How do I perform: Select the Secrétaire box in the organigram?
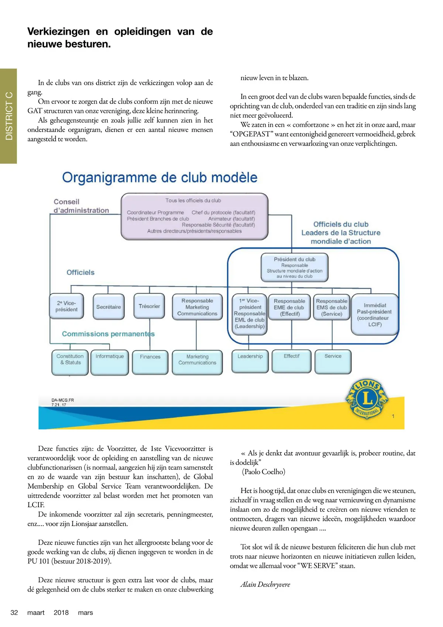pyautogui.click(x=109, y=307)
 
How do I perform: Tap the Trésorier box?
pyautogui.click(x=149, y=306)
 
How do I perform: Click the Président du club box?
pyautogui.click(x=295, y=267)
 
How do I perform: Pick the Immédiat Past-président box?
pyautogui.click(x=375, y=315)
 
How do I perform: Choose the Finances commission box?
pyautogui.click(x=150, y=362)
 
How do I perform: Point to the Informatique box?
pyautogui.click(x=110, y=362)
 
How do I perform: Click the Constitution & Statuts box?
pyautogui.click(x=70, y=362)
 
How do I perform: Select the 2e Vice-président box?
pyautogui.click(x=66, y=306)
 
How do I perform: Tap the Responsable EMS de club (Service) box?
pyautogui.click(x=332, y=307)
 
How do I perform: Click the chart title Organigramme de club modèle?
pyautogui.click(x=159, y=177)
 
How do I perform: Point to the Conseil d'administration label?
pyautogui.click(x=81, y=206)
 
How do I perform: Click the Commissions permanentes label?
pyautogui.click(x=108, y=334)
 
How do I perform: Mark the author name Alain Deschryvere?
pyautogui.click(x=265, y=584)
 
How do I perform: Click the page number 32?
pyautogui.click(x=14, y=613)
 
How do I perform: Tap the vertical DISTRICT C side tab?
pyautogui.click(x=8, y=116)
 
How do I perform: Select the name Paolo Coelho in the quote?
pyautogui.click(x=264, y=472)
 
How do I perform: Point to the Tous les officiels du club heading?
pyautogui.click(x=193, y=200)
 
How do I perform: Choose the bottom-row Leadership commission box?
pyautogui.click(x=250, y=361)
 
